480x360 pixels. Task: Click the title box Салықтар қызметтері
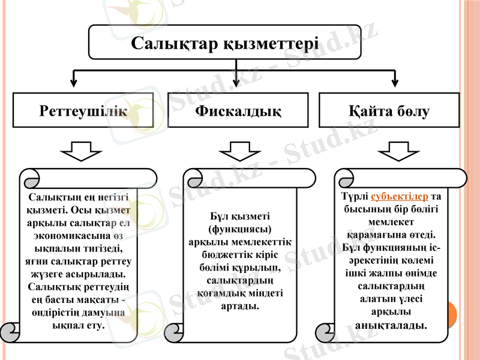[x=225, y=42]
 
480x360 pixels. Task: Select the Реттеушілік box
[x=83, y=111]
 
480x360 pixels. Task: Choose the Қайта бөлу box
[x=389, y=111]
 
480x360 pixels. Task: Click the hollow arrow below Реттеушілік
[x=82, y=151]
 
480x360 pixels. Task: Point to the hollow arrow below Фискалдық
[x=238, y=151]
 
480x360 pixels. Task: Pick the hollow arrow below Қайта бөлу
[x=397, y=151]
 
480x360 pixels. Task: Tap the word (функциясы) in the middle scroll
[x=239, y=229]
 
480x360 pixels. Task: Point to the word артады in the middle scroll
[x=240, y=305]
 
